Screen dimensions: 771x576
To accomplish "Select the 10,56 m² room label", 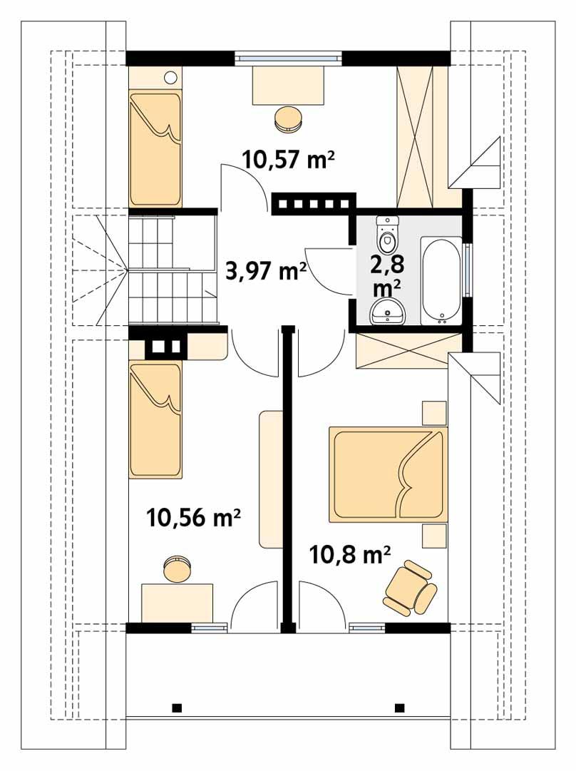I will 192,517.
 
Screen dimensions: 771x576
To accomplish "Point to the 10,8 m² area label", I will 350,553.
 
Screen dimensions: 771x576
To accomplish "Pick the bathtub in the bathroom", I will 441,280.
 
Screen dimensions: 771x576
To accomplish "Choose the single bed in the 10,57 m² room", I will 155,149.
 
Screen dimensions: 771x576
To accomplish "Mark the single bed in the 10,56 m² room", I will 155,419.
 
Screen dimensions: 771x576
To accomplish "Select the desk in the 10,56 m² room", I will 178,603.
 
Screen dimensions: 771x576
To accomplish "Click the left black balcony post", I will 177,708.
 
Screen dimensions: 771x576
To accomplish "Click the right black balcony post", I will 399,708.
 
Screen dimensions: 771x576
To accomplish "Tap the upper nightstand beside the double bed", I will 433,413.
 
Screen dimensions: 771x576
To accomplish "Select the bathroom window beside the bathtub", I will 467,270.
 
